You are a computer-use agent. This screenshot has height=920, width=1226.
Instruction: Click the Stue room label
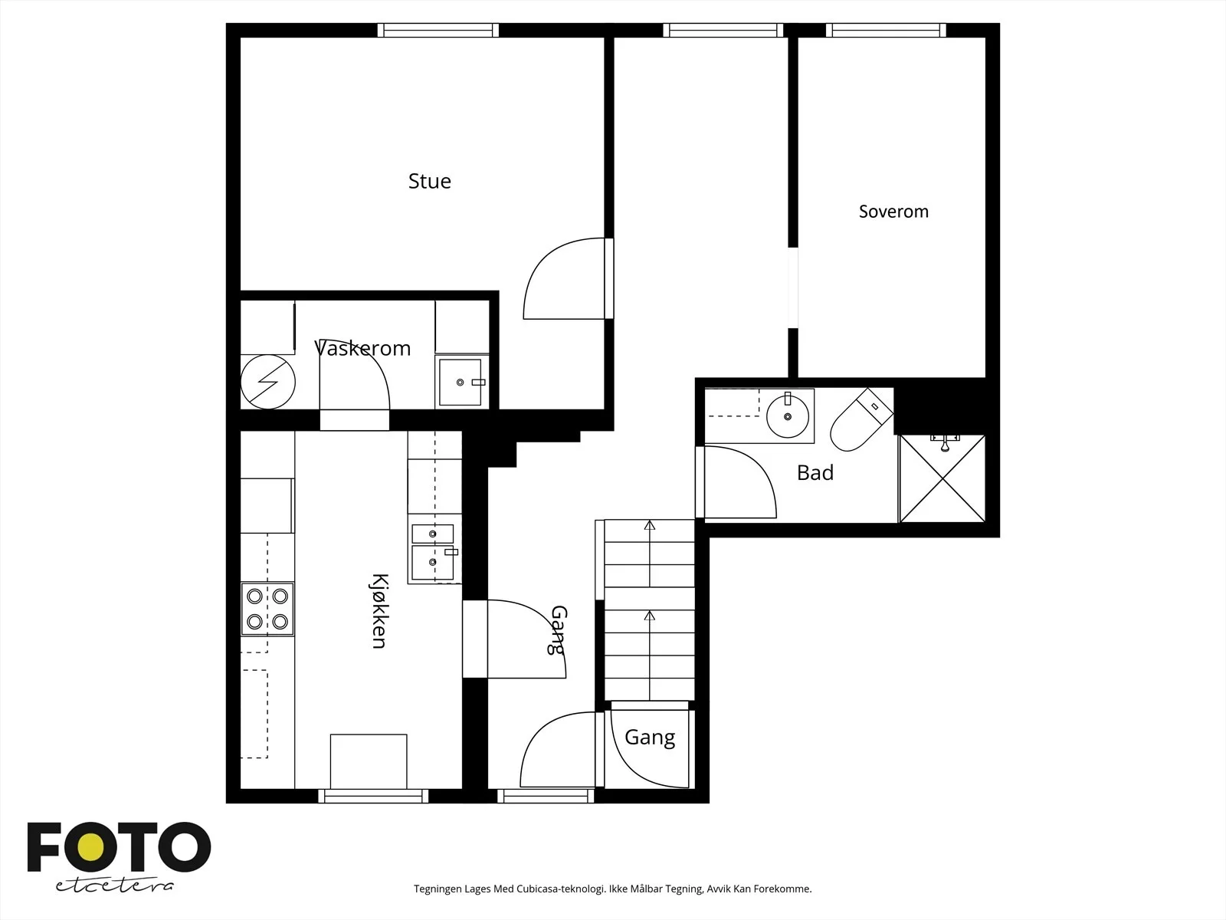click(x=430, y=181)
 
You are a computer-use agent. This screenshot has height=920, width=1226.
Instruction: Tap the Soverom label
click(x=893, y=212)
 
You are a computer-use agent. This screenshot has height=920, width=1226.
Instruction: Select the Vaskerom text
click(x=362, y=349)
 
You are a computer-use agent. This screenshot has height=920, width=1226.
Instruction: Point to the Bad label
click(x=815, y=473)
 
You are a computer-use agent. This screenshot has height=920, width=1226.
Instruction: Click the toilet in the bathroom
click(x=860, y=419)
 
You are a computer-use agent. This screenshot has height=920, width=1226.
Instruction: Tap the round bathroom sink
click(x=788, y=416)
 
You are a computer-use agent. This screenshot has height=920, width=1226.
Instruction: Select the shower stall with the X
click(x=942, y=478)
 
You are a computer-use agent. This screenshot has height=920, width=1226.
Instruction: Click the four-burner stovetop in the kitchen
click(x=267, y=609)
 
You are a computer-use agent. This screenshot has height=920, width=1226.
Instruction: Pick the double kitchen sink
click(x=434, y=552)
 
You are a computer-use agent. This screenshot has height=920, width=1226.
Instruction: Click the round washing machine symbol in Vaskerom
click(x=268, y=382)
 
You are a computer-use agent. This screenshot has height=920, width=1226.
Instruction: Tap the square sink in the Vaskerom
click(x=461, y=382)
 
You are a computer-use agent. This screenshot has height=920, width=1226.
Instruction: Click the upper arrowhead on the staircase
click(x=650, y=525)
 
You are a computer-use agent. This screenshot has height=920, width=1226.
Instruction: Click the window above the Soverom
click(x=887, y=30)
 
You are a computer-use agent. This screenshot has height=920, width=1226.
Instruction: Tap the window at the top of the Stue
click(x=438, y=30)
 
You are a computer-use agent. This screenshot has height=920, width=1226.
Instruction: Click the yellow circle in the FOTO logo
click(x=91, y=847)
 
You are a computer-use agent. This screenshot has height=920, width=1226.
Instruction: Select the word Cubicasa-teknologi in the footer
click(x=561, y=889)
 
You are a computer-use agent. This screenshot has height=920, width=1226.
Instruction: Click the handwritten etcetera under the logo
click(x=114, y=886)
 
